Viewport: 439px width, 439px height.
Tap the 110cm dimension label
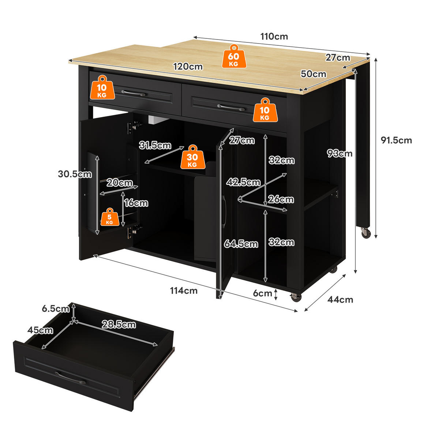tap(274, 37)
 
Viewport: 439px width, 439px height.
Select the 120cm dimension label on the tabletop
tap(188, 67)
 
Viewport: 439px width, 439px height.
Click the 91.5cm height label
tap(396, 140)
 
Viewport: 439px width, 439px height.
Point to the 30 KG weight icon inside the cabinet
tap(192, 157)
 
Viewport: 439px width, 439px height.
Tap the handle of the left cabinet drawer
tap(133, 93)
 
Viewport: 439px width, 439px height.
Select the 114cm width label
tap(184, 290)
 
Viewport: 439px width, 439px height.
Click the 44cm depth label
tap(340, 300)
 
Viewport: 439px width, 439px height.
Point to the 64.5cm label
tap(241, 244)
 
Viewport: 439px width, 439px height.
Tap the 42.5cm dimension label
tap(243, 182)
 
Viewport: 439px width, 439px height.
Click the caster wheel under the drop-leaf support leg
tap(366, 233)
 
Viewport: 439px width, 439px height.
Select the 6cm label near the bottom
tap(262, 293)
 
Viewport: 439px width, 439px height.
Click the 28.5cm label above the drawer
tap(119, 324)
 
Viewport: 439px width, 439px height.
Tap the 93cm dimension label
tap(339, 153)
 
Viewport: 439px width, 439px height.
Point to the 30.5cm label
tap(75, 174)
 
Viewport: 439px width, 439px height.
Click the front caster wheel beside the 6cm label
tap(296, 297)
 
